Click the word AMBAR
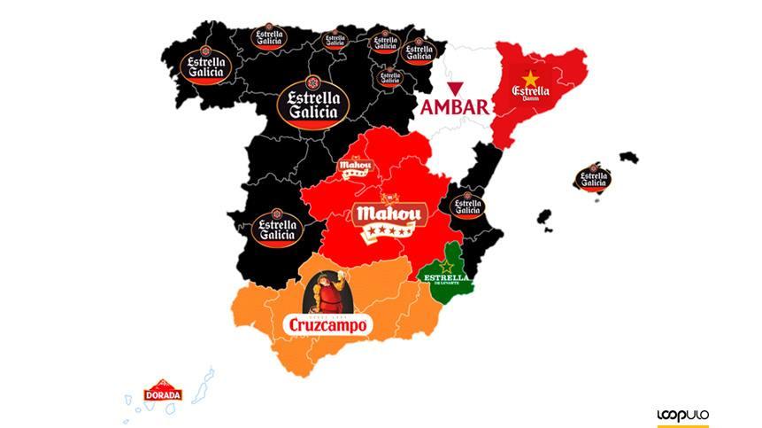(x=455, y=107)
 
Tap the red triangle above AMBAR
(x=455, y=88)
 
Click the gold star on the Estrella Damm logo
(x=531, y=78)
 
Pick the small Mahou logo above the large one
(x=355, y=166)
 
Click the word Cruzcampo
(x=326, y=325)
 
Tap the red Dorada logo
(x=164, y=391)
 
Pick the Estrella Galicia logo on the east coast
(x=466, y=206)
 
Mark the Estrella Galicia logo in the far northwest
(x=205, y=65)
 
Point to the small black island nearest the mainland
(x=543, y=217)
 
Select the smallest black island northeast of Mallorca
(x=628, y=158)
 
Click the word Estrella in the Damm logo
(x=530, y=91)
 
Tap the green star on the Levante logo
(x=447, y=266)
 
